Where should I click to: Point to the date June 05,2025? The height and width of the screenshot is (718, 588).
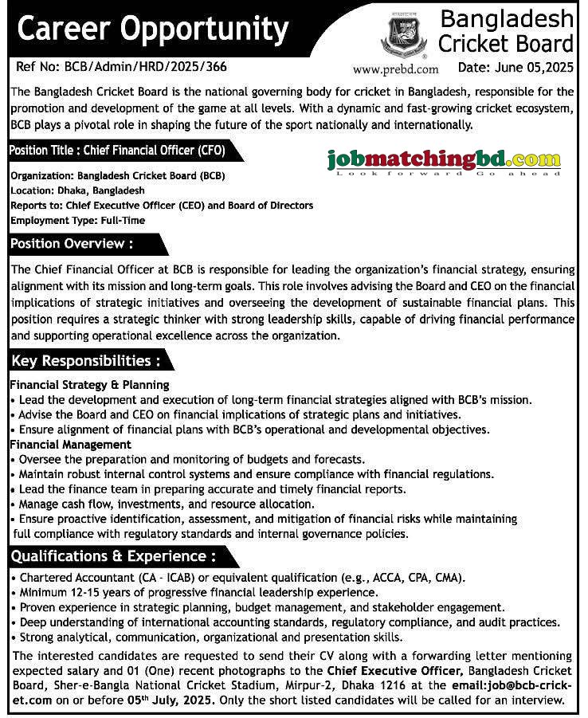coord(516,68)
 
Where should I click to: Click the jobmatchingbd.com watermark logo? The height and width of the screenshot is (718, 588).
coord(444,161)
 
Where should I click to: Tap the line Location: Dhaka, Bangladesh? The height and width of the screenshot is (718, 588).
coord(78,191)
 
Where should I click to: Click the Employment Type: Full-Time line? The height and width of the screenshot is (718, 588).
coord(78,220)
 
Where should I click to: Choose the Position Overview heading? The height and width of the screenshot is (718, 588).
coord(71,243)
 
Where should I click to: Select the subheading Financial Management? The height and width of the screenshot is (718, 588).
coord(71,445)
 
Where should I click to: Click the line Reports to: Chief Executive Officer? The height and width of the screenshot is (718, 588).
coord(162,206)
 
